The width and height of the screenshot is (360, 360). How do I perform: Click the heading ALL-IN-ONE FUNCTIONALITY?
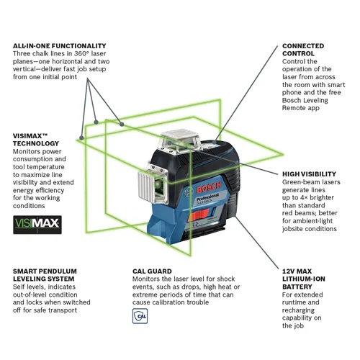tap(59, 45)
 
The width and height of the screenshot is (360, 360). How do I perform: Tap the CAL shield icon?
tap(141, 315)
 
